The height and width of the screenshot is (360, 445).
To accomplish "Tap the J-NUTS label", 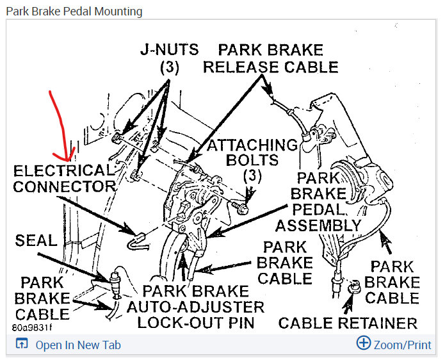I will pos(169,49).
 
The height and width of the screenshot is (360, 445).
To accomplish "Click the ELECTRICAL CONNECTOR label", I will pos(63,179).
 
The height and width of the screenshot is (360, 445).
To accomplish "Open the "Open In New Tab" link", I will pos(77,345).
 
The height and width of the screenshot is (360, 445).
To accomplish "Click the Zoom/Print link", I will pos(402,345).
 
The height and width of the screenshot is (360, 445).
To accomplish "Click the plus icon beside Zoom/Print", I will pos(363,343).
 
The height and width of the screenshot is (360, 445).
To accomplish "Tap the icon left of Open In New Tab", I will pos(21,345).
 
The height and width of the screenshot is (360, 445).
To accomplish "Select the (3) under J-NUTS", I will pos(168,66).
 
